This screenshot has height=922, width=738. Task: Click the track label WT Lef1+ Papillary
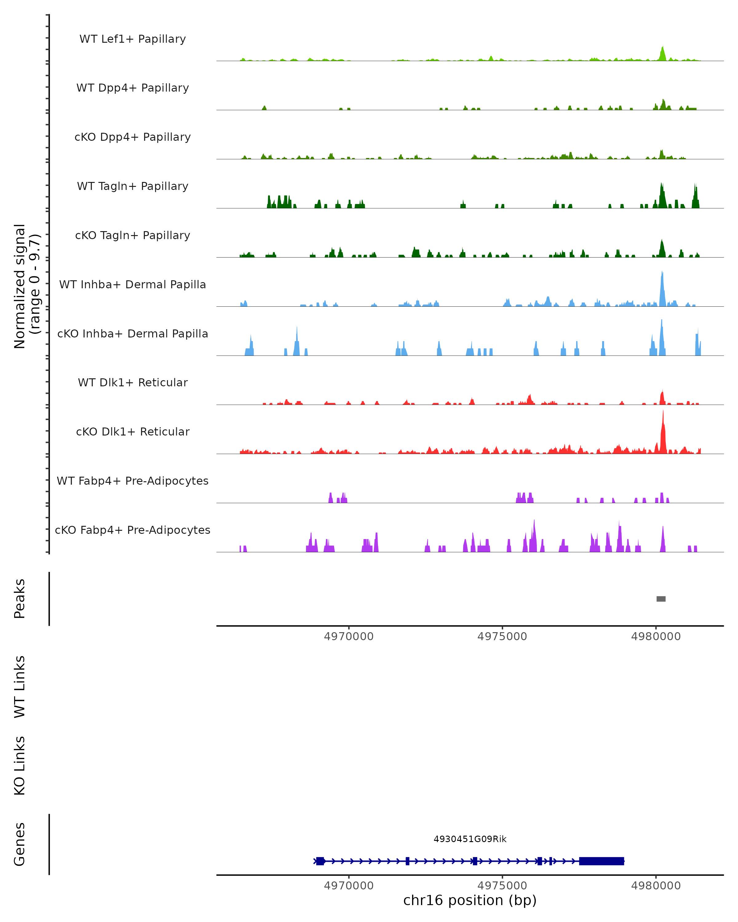click(133, 39)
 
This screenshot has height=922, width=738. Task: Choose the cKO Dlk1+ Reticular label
click(133, 431)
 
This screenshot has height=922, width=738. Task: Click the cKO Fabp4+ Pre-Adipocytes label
click(133, 530)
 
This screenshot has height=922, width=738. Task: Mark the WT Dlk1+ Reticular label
click(133, 382)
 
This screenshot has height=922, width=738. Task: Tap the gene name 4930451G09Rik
click(470, 839)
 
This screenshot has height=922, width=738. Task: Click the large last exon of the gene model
click(601, 861)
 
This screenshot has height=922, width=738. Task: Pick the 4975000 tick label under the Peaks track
click(502, 636)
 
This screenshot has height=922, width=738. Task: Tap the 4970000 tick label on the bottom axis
click(349, 886)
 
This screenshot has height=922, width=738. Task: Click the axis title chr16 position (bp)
click(470, 900)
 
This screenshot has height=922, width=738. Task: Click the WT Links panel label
click(20, 687)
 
